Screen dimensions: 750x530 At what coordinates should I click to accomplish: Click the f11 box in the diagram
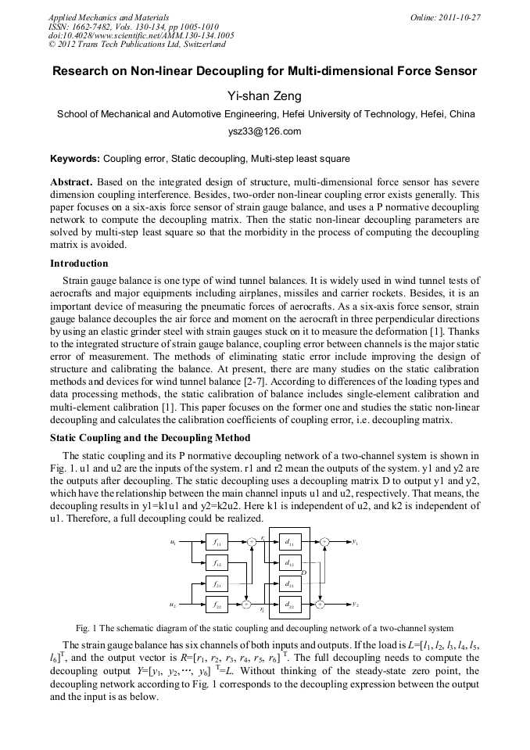click(x=217, y=541)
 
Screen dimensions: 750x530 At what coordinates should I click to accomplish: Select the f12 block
click(x=217, y=562)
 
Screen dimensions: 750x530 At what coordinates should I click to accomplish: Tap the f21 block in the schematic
click(x=217, y=583)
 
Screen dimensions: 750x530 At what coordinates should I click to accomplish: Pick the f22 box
click(x=217, y=605)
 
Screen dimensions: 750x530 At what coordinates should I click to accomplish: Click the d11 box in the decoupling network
click(x=289, y=541)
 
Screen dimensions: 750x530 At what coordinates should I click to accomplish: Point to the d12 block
click(x=289, y=562)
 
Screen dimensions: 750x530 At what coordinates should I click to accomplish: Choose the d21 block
click(x=289, y=583)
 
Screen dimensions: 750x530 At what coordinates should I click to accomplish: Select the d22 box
click(x=289, y=605)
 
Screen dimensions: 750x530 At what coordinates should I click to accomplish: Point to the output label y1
click(x=355, y=541)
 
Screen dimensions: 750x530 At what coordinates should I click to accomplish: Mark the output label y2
click(x=355, y=605)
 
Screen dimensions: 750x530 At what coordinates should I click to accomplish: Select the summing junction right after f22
click(x=246, y=605)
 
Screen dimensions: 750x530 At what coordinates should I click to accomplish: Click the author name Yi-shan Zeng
click(x=264, y=96)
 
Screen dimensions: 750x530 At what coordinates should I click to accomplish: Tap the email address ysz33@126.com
click(x=264, y=131)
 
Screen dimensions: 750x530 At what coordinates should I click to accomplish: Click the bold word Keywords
click(x=74, y=158)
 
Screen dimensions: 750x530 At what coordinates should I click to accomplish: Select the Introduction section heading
click(x=79, y=264)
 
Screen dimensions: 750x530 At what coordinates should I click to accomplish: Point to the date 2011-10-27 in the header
click(x=459, y=16)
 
